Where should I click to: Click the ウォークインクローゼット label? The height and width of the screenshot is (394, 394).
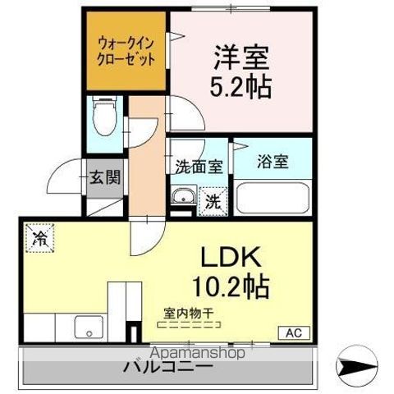tap(126, 52)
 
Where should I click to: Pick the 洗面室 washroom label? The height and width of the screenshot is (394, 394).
tap(199, 163)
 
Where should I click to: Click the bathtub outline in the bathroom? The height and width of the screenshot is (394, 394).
tap(272, 198)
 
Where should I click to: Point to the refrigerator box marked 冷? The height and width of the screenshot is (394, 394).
tap(39, 238)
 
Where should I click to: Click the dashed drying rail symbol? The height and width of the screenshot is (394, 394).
tap(183, 324)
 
